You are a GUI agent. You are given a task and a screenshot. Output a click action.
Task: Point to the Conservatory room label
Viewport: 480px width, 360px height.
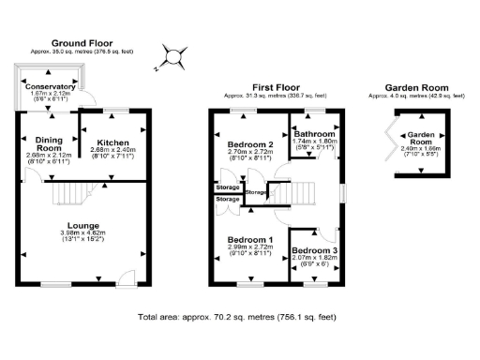[50, 87]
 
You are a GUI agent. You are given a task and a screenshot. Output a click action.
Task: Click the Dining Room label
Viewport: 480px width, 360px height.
[48, 144]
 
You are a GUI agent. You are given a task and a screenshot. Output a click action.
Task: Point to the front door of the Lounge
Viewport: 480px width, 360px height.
[123, 277]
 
